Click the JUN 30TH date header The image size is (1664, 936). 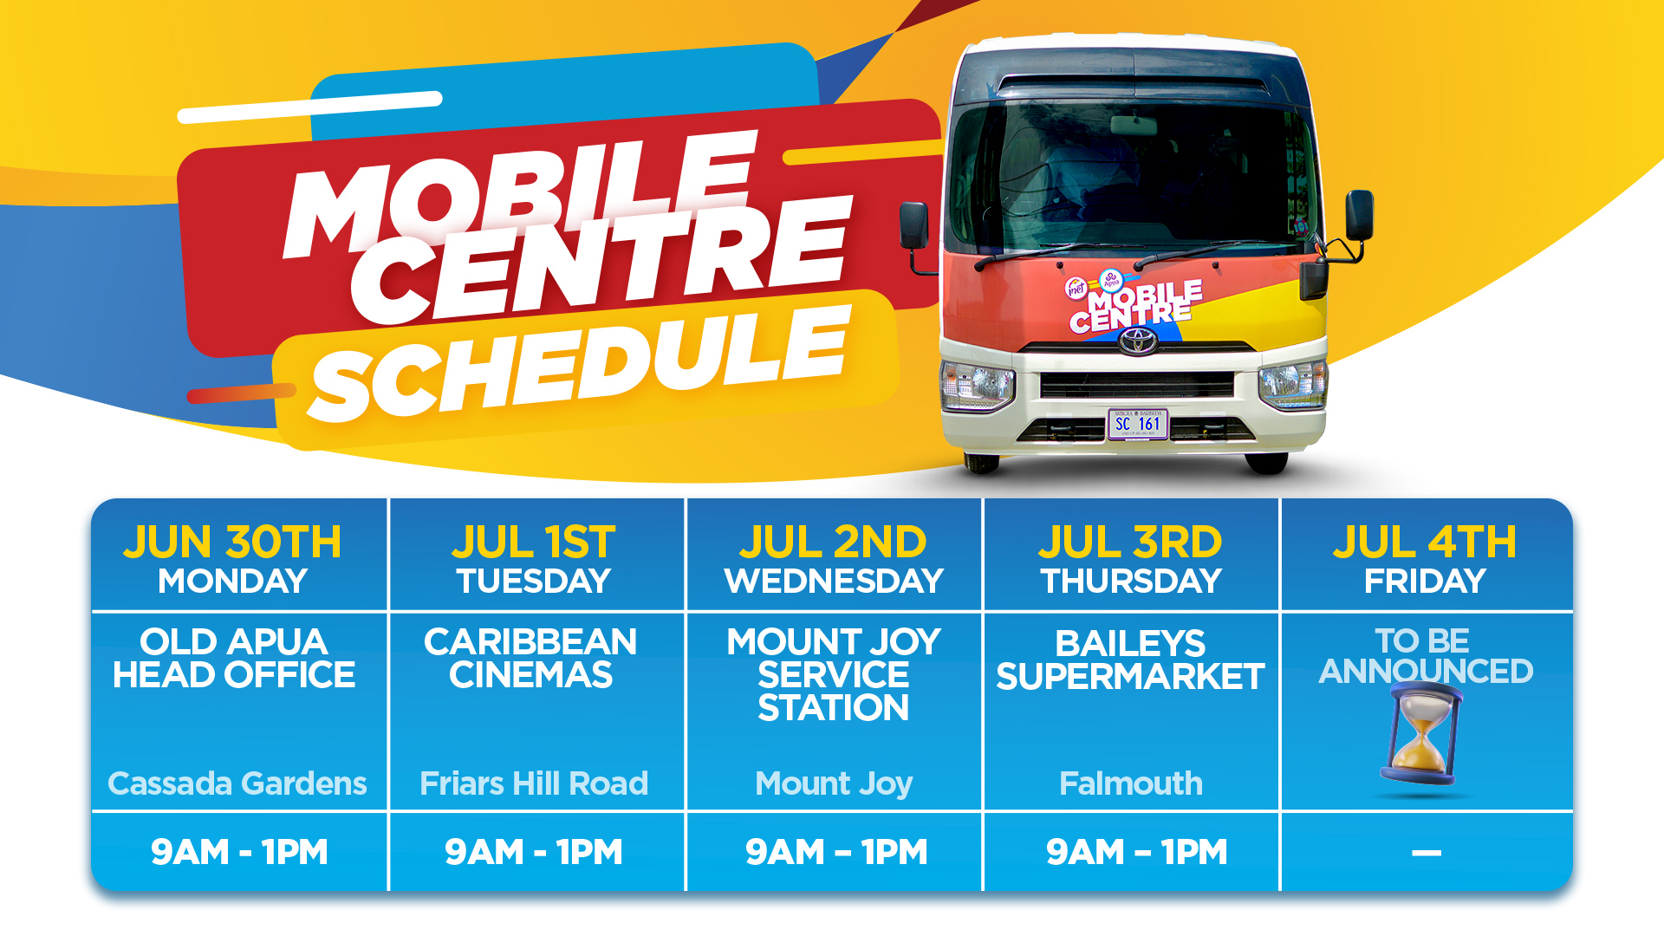(x=232, y=543)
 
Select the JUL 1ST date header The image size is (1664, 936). (x=534, y=543)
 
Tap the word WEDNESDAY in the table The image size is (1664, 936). (x=834, y=581)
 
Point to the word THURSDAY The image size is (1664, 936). (x=1131, y=581)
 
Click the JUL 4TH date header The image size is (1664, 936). (x=1425, y=543)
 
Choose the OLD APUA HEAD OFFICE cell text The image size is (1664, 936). (x=234, y=659)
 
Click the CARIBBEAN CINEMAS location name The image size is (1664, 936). (x=530, y=659)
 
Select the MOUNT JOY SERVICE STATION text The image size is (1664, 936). (x=834, y=675)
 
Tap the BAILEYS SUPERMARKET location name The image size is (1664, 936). (x=1130, y=660)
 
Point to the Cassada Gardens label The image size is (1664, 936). (x=237, y=783)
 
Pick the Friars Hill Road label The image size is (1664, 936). (x=534, y=783)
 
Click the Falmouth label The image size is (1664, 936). (x=1131, y=783)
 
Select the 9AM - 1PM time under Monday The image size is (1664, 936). (x=239, y=852)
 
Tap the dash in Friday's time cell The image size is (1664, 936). (x=1427, y=853)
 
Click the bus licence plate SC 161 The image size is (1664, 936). (x=1138, y=424)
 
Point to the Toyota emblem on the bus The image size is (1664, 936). (x=1137, y=341)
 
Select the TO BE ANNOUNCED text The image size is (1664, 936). (x=1425, y=656)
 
